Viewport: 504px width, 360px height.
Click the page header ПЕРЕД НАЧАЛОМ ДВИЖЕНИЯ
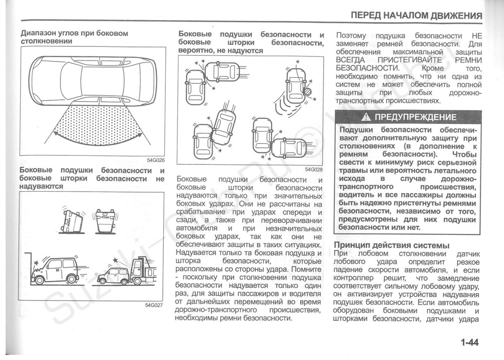(416, 15)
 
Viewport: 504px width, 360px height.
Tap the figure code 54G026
(156, 160)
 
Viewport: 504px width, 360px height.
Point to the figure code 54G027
(154, 305)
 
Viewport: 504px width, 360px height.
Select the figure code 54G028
(313, 169)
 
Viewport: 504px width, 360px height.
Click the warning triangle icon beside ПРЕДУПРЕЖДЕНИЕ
(366, 117)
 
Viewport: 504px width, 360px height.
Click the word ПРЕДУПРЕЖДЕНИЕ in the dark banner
(416, 117)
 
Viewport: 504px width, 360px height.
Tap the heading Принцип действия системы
(392, 246)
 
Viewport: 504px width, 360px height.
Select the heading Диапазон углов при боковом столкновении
(75, 37)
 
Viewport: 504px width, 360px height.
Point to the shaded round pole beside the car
(307, 92)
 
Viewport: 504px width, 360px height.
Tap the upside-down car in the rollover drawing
(105, 220)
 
